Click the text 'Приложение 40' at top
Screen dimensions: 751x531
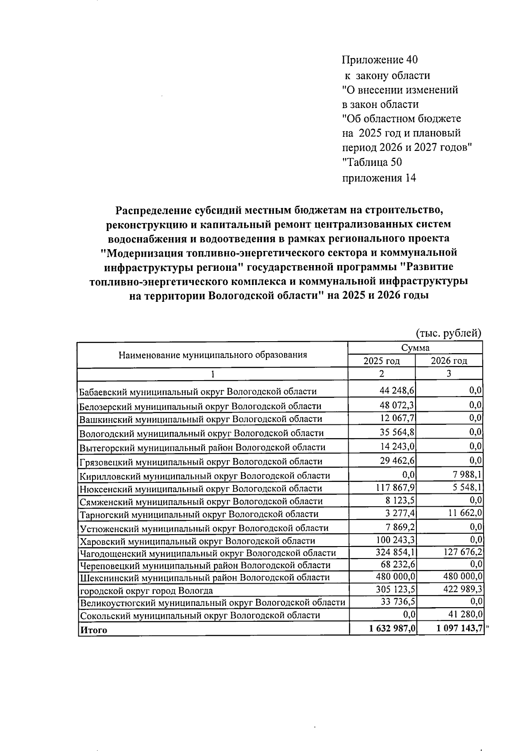[x=380, y=60]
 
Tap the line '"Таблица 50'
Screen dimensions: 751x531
[x=372, y=162]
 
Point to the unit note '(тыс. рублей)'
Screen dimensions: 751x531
[x=448, y=333]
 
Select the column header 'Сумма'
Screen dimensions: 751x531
[x=415, y=348]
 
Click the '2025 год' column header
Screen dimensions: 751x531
[x=381, y=361]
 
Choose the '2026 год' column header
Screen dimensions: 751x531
[x=449, y=361]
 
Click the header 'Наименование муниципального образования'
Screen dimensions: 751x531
[x=212, y=354]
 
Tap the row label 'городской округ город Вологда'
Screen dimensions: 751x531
[x=146, y=591]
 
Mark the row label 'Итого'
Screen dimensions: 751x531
[x=93, y=630]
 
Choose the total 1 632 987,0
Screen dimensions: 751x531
[x=389, y=628]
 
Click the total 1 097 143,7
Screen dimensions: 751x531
[x=456, y=628]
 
